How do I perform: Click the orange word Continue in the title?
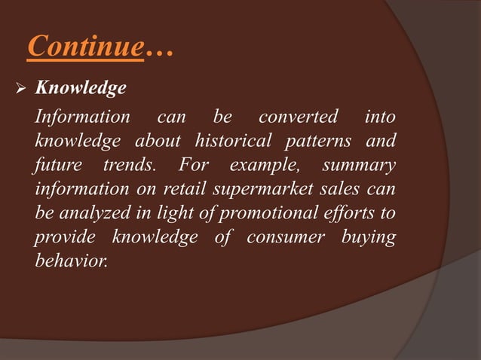click(84, 47)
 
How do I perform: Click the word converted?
click(299, 117)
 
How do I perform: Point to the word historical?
click(230, 141)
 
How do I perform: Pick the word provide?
click(63, 237)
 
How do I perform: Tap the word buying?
click(369, 237)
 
